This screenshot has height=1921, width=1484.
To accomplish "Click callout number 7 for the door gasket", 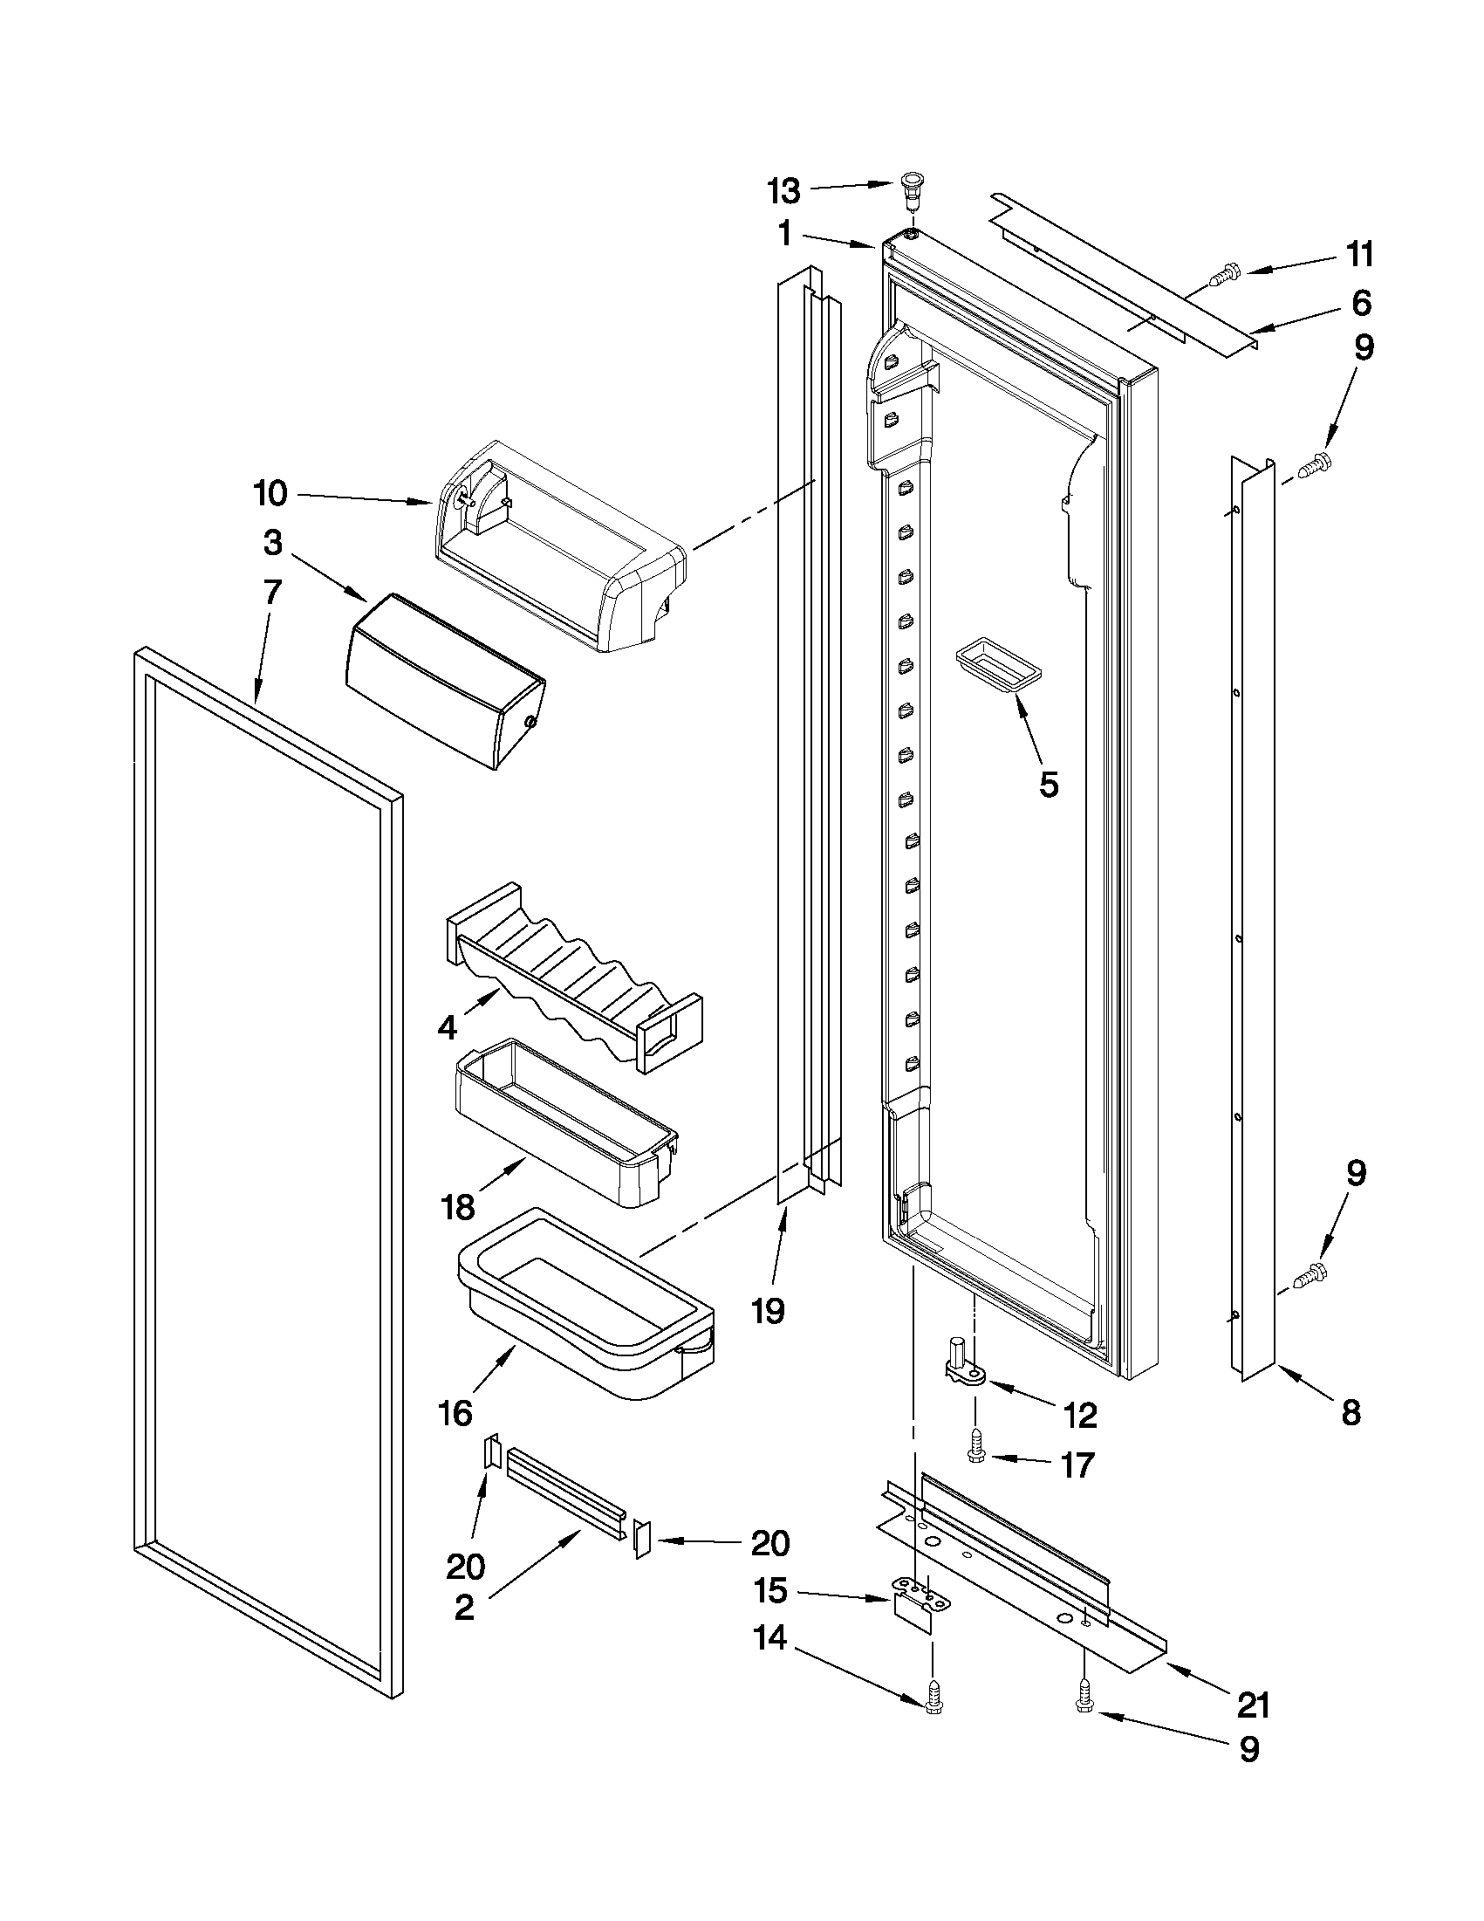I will click(x=272, y=592).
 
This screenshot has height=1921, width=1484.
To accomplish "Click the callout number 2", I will click(x=464, y=1607).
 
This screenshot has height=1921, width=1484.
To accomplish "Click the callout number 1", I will click(x=786, y=234).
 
